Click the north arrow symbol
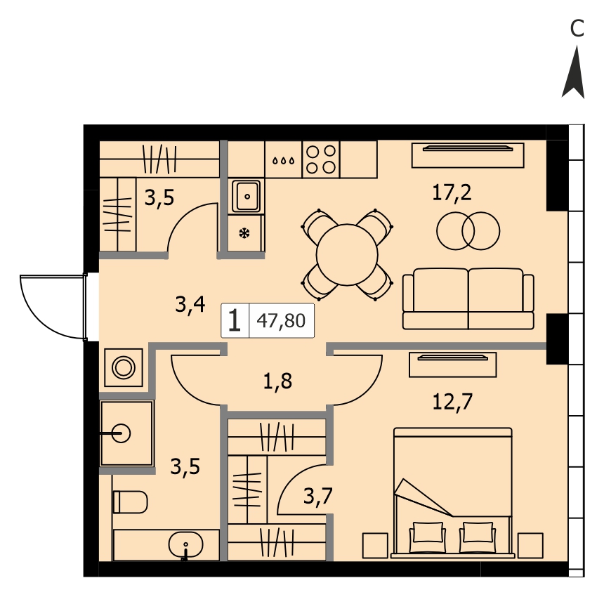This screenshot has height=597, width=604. pos(574,73)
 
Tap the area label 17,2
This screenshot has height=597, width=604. pos(452,192)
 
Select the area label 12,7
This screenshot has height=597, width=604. pos(452,402)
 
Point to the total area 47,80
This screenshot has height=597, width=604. pos(281,320)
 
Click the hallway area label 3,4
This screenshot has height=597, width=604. pos(190,304)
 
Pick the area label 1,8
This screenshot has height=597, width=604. pos(277,381)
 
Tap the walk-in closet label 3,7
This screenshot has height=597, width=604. pos(317,496)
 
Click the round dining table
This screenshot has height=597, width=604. pos(347,254)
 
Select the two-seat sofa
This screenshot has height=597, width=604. pos(468,299)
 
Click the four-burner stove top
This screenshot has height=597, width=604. pos(321,159)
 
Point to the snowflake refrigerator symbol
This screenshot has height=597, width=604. pos(244,233)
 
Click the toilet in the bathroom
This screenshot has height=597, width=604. pos(130,502)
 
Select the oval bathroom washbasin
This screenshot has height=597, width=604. pos(185,544)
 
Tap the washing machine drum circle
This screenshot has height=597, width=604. pos(124,367)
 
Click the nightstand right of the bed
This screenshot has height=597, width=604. pos(530,546)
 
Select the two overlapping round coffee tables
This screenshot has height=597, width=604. pos(468,231)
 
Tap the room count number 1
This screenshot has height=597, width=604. pos(235,320)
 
